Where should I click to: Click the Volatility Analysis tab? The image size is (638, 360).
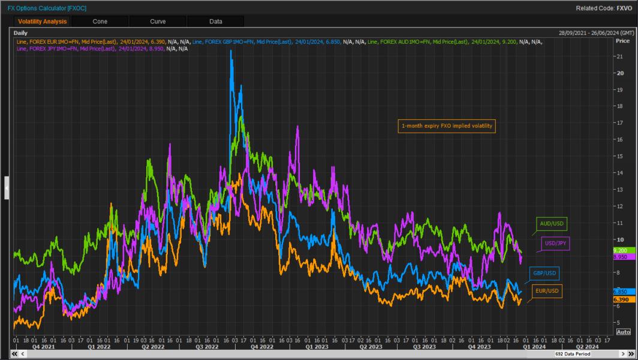tap(42, 22)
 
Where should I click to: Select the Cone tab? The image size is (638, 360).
tap(100, 22)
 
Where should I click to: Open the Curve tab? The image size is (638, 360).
tap(158, 22)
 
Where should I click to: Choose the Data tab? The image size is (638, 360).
tap(216, 22)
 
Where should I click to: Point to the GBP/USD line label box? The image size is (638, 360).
tap(544, 274)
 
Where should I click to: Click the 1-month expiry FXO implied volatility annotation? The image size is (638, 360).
tap(447, 126)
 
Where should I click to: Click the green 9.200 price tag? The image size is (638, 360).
tap(620, 250)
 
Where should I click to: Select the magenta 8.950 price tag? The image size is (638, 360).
tap(620, 257)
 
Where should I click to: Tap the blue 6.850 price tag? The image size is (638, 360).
tap(620, 291)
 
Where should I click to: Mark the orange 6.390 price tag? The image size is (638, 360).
tap(620, 299)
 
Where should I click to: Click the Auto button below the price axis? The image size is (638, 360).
tap(624, 332)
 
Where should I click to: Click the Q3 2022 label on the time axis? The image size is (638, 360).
tap(207, 346)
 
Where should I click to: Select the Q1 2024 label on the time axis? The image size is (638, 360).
tap(534, 346)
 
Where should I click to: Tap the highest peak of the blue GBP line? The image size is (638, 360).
tap(231, 52)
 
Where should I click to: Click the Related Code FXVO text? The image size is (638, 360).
tap(604, 8)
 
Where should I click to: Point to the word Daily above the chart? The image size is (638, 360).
tap(20, 32)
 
